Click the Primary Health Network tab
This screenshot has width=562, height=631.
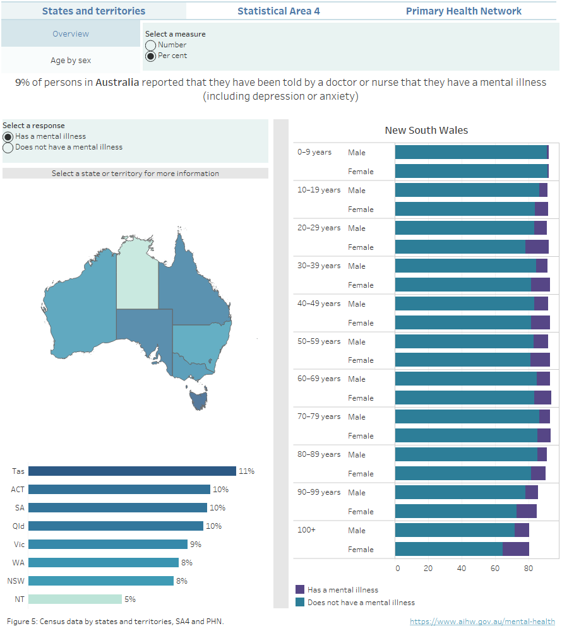[463, 11]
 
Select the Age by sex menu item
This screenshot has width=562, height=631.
[71, 60]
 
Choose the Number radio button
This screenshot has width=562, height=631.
[151, 45]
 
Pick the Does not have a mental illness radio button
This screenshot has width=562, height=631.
[8, 148]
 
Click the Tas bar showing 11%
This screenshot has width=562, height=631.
[132, 471]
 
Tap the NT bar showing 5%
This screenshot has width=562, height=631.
[75, 599]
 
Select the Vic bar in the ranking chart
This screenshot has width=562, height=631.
[107, 544]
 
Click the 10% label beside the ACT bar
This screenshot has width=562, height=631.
[220, 489]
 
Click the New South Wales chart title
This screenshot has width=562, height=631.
[426, 131]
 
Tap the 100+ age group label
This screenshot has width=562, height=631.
[306, 530]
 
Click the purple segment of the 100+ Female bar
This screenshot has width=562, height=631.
[516, 549]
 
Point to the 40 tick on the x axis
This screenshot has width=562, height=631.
[462, 568]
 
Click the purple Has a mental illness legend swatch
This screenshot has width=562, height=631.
[300, 589]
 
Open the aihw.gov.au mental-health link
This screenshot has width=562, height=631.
[482, 622]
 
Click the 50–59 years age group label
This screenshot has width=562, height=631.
[318, 341]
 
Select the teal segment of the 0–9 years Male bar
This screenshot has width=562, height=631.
[470, 152]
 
